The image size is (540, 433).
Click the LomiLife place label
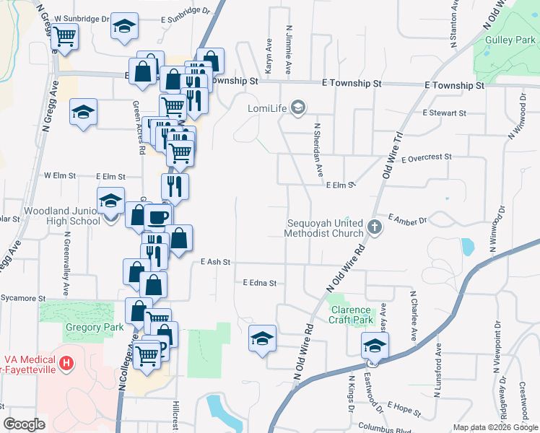pyautogui.click(x=268, y=108)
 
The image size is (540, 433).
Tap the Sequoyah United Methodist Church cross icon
pyautogui.click(x=374, y=227)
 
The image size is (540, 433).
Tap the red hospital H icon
pyautogui.click(x=66, y=362)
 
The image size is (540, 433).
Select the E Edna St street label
pyautogui.click(x=260, y=283)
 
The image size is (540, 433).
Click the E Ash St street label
pyautogui.click(x=215, y=262)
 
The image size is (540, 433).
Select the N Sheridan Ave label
pyautogui.click(x=317, y=148)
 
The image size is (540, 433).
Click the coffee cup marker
pyautogui.click(x=158, y=216)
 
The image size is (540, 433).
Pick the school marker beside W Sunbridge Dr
pyautogui.click(x=124, y=27)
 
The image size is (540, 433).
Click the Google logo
pyautogui.click(x=25, y=424)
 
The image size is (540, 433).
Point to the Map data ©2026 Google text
pyautogui.click(x=495, y=427)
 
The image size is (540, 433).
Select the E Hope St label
pyautogui.click(x=404, y=408)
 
